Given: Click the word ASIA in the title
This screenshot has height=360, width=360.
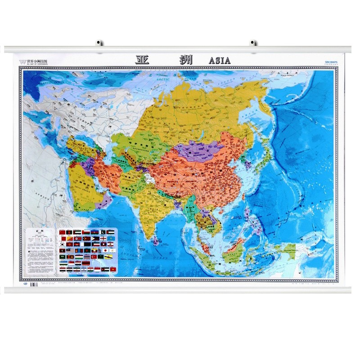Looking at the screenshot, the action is click(x=220, y=60).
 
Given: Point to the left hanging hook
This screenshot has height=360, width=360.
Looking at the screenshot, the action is click(x=99, y=43).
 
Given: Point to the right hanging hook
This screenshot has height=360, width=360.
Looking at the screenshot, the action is click(x=253, y=43).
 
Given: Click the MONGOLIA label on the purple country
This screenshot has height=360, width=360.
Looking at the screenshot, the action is click(x=200, y=151).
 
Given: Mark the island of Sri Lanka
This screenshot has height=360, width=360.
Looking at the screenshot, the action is click(x=156, y=240).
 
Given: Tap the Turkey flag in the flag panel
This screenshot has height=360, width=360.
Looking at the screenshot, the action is click(x=94, y=256).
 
